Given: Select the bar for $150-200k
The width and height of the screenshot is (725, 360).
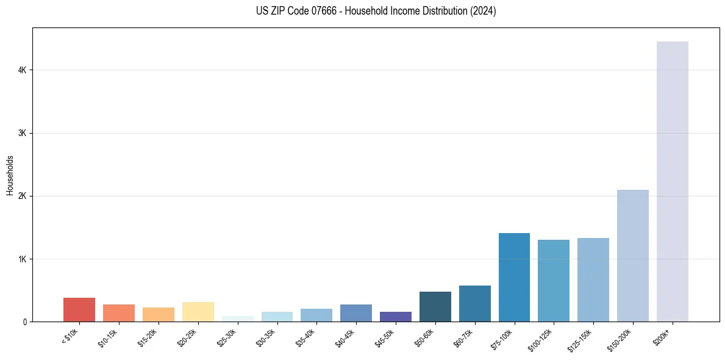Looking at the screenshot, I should click(632, 256).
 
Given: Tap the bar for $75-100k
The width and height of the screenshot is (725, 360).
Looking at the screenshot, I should click(514, 277).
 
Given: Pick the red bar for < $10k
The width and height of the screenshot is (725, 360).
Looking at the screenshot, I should click(79, 309).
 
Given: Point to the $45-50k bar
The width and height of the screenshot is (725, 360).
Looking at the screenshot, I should click(395, 317).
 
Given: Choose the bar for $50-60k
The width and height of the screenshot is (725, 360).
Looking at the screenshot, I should click(435, 306).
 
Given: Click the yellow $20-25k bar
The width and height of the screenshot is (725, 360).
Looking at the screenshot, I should click(198, 312).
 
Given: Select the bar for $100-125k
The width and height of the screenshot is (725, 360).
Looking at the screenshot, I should click(554, 281).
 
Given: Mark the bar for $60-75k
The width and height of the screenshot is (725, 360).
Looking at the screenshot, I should click(474, 303).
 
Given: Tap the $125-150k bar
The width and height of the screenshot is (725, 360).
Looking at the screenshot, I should click(593, 279).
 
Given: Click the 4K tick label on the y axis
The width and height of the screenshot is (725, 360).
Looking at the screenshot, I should click(23, 70).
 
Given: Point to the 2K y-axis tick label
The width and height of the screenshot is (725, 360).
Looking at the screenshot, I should click(23, 196).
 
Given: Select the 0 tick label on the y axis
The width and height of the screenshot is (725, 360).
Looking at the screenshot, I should click(25, 322).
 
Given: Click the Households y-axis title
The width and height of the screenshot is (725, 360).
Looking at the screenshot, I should click(10, 175).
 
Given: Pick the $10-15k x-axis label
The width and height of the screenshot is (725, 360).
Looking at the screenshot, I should click(108, 338).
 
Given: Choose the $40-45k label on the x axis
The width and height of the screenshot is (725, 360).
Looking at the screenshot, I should click(345, 338).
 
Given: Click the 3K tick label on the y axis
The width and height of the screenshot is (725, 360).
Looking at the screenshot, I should click(23, 133).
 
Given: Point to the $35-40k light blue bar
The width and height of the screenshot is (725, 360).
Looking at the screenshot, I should click(316, 315).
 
